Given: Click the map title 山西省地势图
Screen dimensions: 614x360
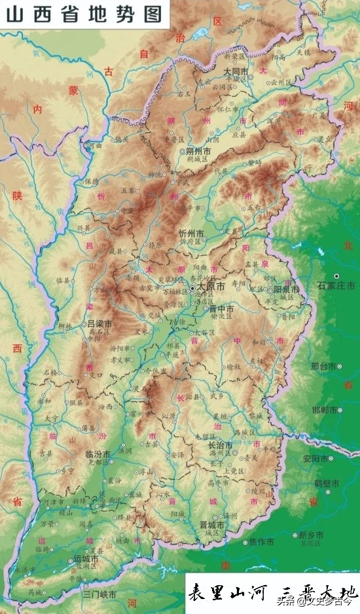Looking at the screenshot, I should [x=84, y=14].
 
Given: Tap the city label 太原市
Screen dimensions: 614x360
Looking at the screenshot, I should [x=211, y=287].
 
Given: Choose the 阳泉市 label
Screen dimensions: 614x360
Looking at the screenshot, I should [x=286, y=289].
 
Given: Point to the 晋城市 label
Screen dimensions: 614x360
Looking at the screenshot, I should [x=211, y=525].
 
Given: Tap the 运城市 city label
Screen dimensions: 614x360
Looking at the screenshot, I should [x=85, y=560].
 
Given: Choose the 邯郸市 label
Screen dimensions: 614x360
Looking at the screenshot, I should [x=325, y=410].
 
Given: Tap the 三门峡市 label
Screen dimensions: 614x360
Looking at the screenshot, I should [x=99, y=594].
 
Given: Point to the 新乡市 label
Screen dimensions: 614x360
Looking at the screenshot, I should [x=311, y=534].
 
